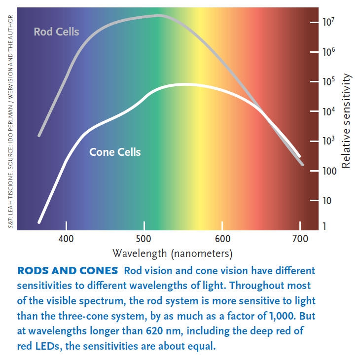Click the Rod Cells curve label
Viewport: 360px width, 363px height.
(x=56, y=32)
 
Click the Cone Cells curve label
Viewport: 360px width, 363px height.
(x=115, y=152)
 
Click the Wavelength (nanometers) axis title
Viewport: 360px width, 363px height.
(x=172, y=254)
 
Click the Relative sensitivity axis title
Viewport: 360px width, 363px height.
(x=346, y=121)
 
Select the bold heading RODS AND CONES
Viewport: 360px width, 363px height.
(x=68, y=271)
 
